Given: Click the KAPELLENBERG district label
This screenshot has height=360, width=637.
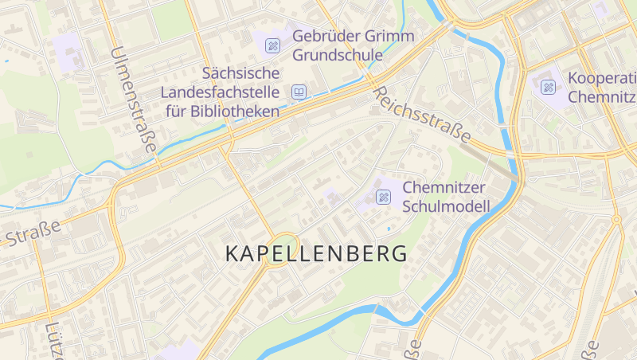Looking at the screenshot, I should click(x=316, y=254).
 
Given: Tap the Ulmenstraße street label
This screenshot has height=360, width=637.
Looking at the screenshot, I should click(x=133, y=99).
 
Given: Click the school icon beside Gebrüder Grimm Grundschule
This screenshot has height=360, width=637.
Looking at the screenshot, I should click(x=273, y=45).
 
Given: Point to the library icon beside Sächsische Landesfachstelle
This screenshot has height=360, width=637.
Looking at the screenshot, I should click(x=299, y=92).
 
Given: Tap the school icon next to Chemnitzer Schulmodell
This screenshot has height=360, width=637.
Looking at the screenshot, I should click(x=383, y=197).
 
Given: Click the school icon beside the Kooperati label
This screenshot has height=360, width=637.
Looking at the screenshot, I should click(x=549, y=87).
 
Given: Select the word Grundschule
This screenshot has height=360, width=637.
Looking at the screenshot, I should click(x=338, y=55).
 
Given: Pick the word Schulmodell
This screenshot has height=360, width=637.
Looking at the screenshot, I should click(x=446, y=207).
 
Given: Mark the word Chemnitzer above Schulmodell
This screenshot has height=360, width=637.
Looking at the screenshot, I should click(x=444, y=187).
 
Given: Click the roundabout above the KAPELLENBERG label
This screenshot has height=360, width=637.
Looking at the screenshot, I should click(x=282, y=240).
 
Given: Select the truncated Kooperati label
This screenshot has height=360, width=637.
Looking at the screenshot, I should click(x=601, y=79).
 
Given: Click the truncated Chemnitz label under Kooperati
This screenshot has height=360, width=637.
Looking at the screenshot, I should click(x=603, y=97).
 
